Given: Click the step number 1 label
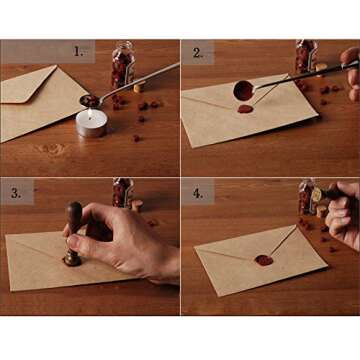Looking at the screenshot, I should [x=78, y=50].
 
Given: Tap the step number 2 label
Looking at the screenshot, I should [x=198, y=52].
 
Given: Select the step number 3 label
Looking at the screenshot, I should [x=17, y=192].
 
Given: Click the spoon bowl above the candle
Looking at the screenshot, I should [x=91, y=100].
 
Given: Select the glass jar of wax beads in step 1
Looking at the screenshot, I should [x=122, y=65].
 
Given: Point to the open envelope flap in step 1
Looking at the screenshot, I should [x=30, y=85].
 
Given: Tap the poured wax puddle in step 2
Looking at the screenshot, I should [x=246, y=108].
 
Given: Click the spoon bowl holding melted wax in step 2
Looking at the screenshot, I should [x=243, y=89].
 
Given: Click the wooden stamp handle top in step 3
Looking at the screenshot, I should [x=74, y=213].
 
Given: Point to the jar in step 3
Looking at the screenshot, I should [x=122, y=192].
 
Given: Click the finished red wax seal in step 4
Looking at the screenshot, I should [x=264, y=260].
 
